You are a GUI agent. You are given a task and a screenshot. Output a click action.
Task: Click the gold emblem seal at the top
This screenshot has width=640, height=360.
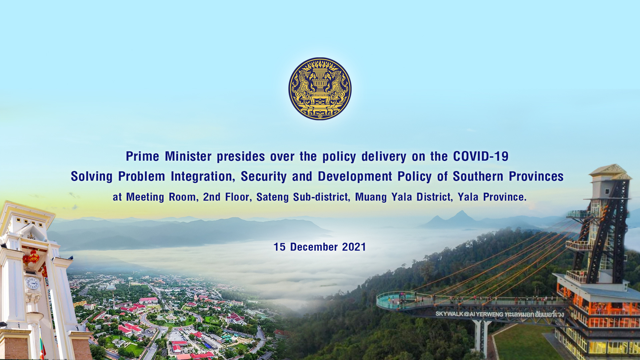pyautogui.click(x=320, y=89)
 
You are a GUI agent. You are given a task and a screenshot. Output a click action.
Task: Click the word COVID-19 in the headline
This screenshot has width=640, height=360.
pyautogui.click(x=481, y=156)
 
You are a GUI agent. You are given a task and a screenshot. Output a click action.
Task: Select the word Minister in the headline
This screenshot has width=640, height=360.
pyautogui.click(x=188, y=156)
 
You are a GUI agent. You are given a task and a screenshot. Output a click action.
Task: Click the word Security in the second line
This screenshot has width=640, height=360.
pyautogui.click(x=264, y=176)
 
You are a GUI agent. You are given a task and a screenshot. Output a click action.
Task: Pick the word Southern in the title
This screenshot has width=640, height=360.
pyautogui.click(x=478, y=176)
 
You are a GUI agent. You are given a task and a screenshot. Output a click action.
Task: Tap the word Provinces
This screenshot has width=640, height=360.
pyautogui.click(x=536, y=176)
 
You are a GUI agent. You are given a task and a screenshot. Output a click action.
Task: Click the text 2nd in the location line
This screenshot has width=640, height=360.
pyautogui.click(x=212, y=197)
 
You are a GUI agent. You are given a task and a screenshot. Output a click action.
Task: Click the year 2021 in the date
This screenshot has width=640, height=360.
pyautogui.click(x=354, y=247)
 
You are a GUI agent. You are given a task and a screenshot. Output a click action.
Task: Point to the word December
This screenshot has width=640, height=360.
pyautogui.click(x=314, y=247)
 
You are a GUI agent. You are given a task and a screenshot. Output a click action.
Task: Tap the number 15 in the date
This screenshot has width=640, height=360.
pyautogui.click(x=279, y=247)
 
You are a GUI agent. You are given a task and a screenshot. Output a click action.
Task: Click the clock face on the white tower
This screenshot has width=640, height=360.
pyautogui.click(x=32, y=284)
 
